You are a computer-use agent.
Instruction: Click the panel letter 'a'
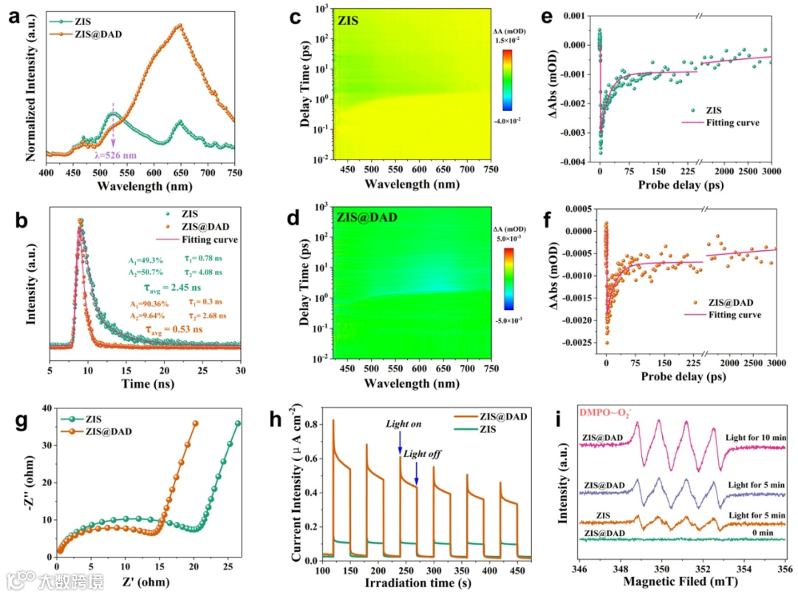click(x=14, y=17)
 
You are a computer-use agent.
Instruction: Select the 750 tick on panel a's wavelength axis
click(x=234, y=173)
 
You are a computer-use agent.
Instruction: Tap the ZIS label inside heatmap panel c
click(x=347, y=21)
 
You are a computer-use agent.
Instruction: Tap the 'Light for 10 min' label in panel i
click(x=756, y=438)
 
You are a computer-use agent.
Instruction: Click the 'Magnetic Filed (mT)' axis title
click(x=681, y=586)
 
